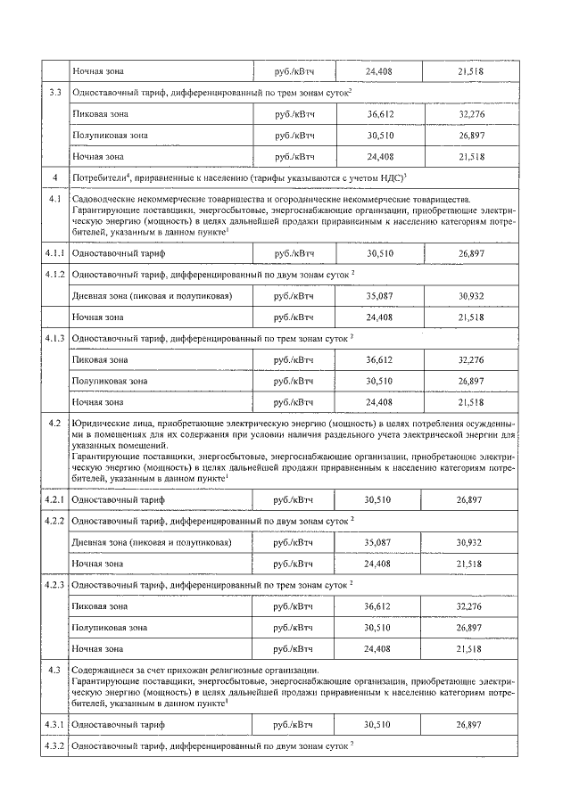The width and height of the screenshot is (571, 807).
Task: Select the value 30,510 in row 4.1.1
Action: coord(377,253)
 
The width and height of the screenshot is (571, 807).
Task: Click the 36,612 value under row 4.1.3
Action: coord(377,359)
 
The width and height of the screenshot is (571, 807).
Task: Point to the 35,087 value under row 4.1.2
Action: coord(377,295)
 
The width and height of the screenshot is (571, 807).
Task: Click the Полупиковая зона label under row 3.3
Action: coord(109,135)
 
